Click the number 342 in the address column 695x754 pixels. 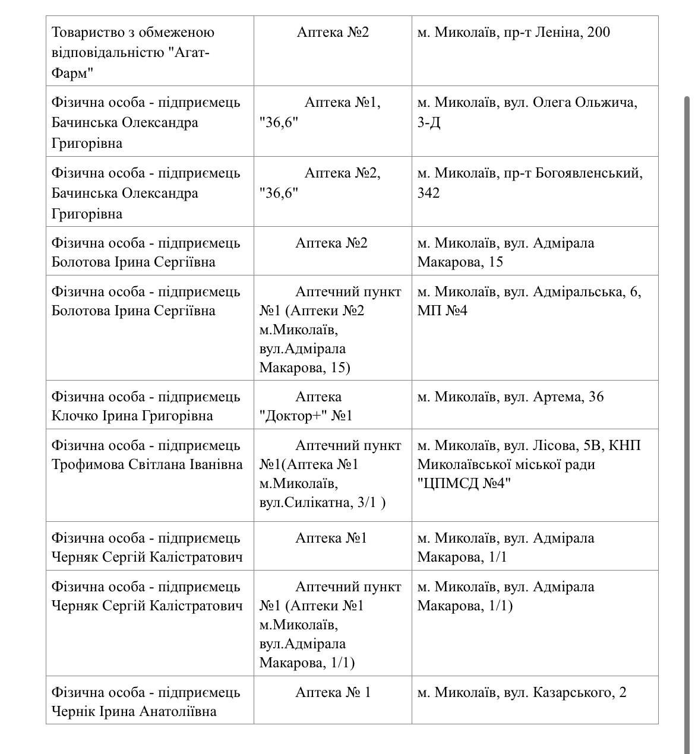tap(428, 193)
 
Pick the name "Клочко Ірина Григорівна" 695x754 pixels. tap(132, 416)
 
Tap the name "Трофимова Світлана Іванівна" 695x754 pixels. tap(147, 464)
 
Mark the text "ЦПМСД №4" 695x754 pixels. tap(464, 483)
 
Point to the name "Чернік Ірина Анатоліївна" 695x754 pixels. tap(134, 711)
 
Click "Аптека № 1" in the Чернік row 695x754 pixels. tap(333, 692)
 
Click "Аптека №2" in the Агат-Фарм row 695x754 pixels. tap(333, 32)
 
